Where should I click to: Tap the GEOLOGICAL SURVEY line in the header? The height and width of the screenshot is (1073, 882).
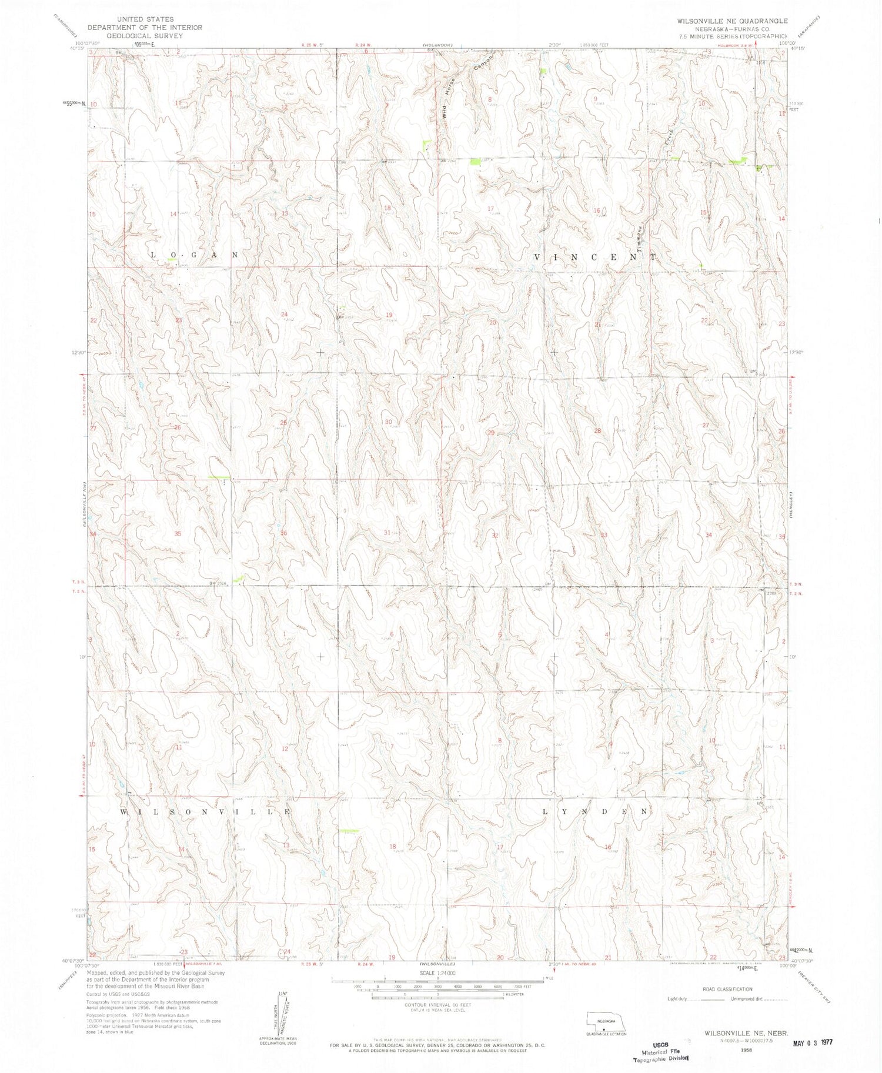[136, 36]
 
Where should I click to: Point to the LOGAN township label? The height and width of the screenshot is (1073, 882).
[195, 255]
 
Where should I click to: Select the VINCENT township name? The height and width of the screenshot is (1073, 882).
[595, 258]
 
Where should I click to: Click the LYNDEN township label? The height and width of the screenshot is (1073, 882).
[595, 811]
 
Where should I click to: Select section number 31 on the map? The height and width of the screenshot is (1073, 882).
[387, 533]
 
